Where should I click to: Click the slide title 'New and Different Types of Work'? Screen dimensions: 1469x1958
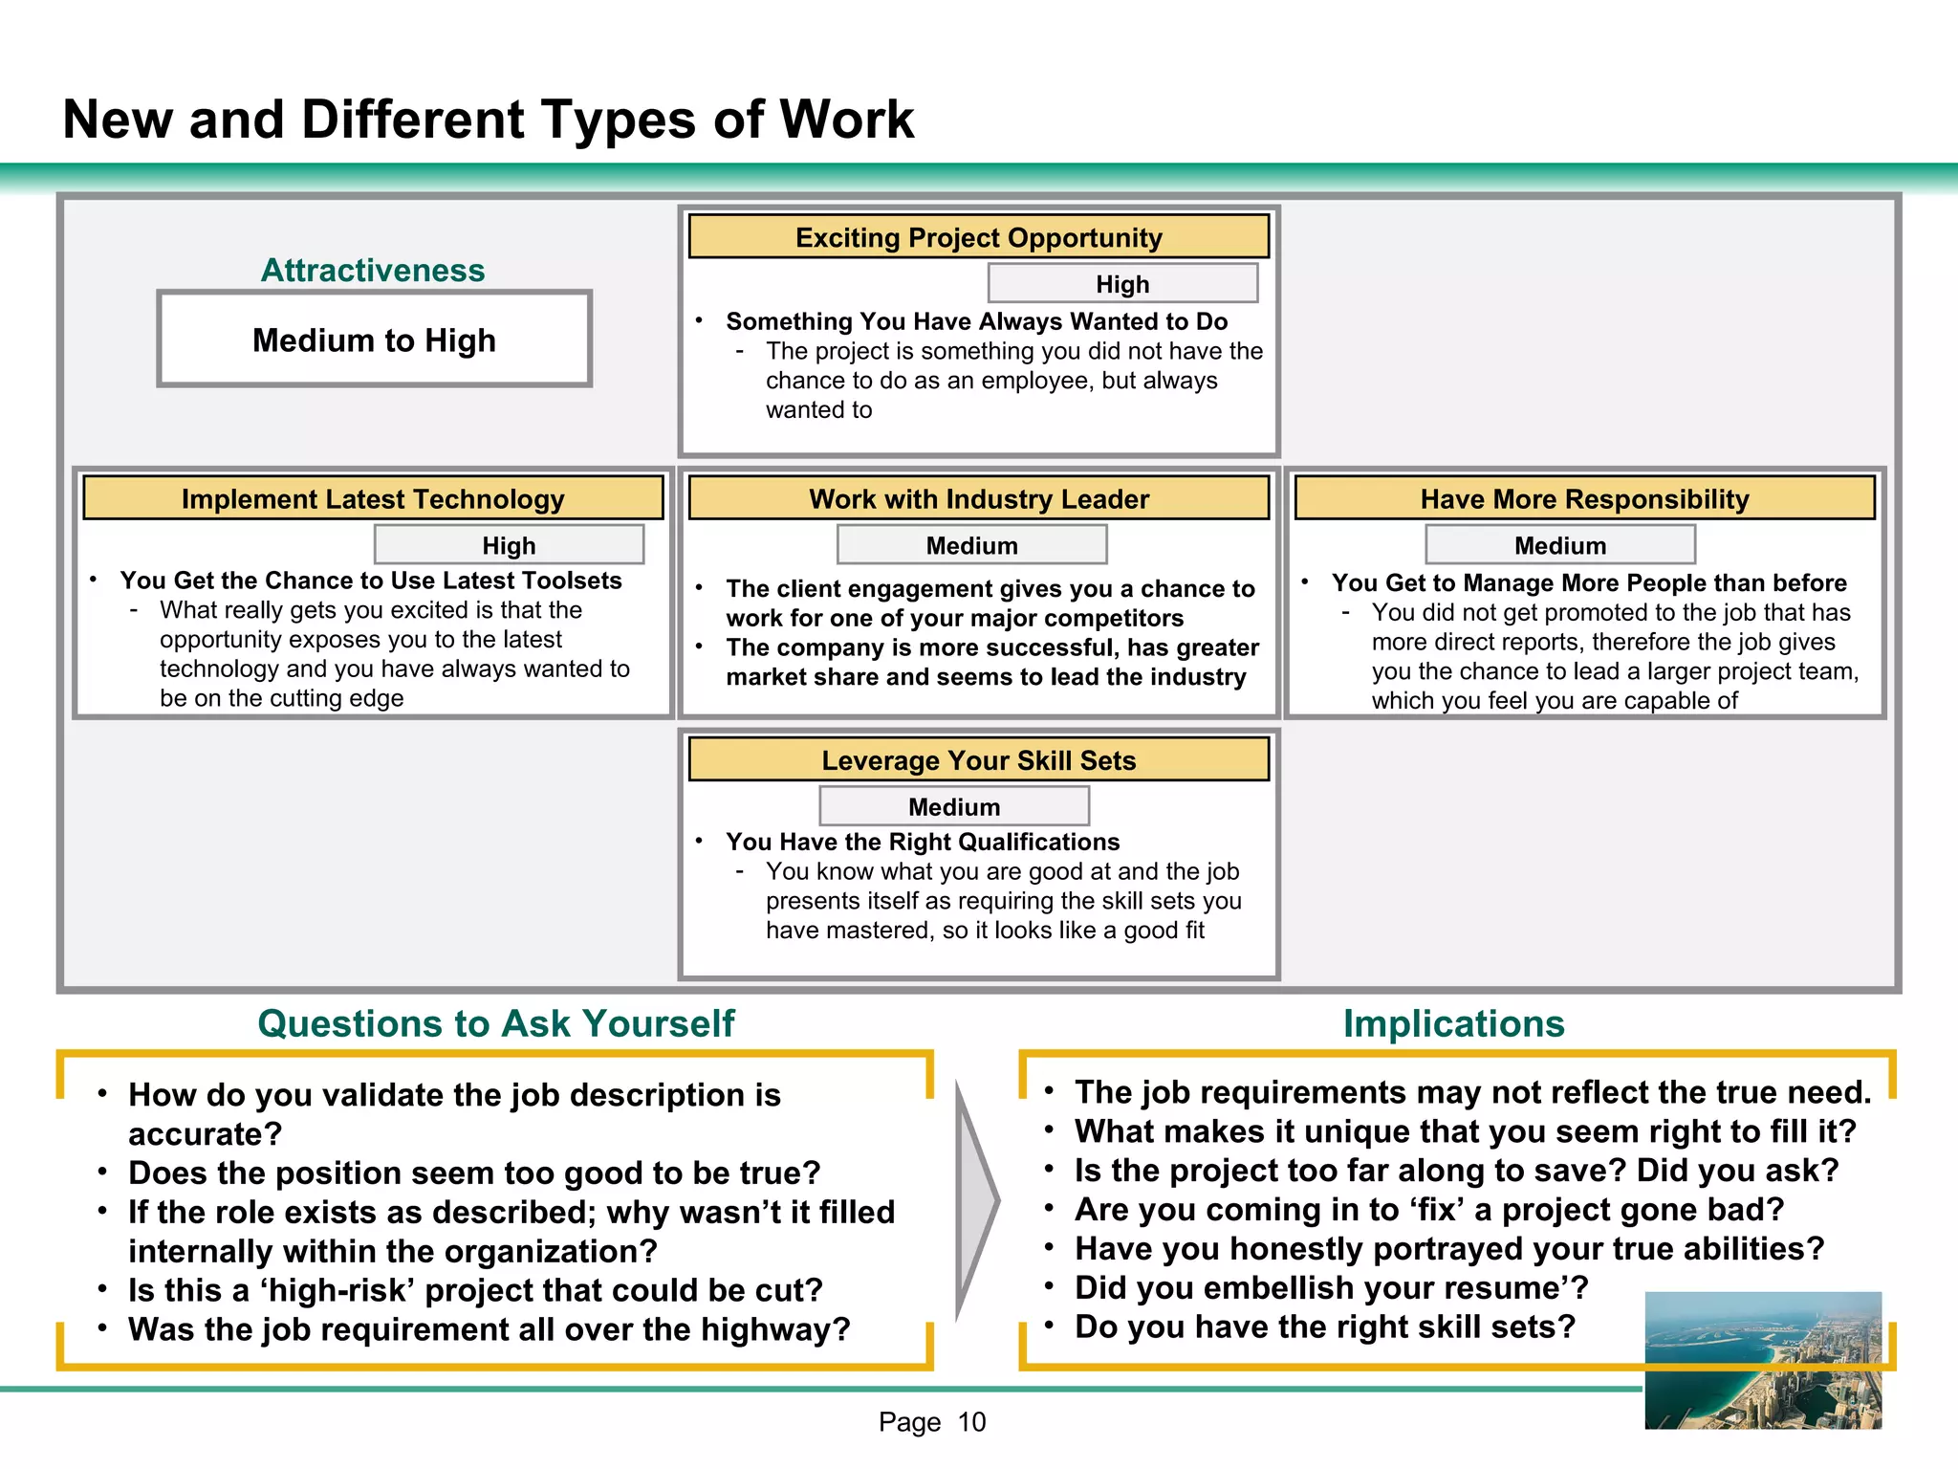(x=488, y=120)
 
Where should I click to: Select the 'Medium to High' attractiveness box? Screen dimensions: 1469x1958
(x=374, y=340)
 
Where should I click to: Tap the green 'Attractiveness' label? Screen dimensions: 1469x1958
(x=373, y=270)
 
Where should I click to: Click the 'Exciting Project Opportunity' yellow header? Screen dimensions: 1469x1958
(x=978, y=237)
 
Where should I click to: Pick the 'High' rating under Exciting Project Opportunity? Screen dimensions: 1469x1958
(x=1122, y=284)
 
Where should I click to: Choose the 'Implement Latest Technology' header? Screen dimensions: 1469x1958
(x=373, y=498)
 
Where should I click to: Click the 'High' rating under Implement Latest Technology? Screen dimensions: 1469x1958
(x=509, y=545)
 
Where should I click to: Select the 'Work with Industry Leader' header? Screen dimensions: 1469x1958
(x=978, y=498)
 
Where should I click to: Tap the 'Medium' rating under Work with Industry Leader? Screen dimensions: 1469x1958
(x=971, y=545)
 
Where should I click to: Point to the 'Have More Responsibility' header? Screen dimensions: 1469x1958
(x=1584, y=498)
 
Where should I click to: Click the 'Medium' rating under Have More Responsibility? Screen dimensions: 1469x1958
(x=1560, y=545)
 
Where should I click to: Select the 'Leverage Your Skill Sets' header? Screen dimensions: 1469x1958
(x=978, y=760)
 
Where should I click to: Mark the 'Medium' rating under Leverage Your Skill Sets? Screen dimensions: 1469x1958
(x=954, y=807)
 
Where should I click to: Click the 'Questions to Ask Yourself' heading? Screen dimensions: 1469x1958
(x=496, y=1023)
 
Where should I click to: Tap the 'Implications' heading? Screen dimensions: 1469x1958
(x=1453, y=1023)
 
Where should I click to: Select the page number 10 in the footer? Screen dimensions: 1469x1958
(x=971, y=1422)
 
